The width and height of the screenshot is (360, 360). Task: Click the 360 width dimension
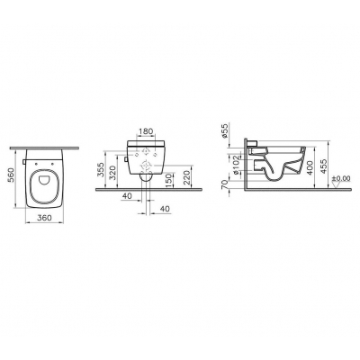[x=45, y=218]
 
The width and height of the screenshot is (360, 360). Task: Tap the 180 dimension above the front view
[x=146, y=131]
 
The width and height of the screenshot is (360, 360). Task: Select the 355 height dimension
[x=102, y=170]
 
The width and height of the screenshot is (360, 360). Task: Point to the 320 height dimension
[x=112, y=172]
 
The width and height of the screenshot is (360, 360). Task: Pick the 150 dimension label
[x=168, y=179]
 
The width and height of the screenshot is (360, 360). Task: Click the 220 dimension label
[x=187, y=177]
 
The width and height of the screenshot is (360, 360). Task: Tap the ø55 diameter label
[x=226, y=131]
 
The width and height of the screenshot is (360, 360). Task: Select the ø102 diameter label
[x=237, y=165]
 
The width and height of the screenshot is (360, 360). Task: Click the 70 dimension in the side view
[x=224, y=184]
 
